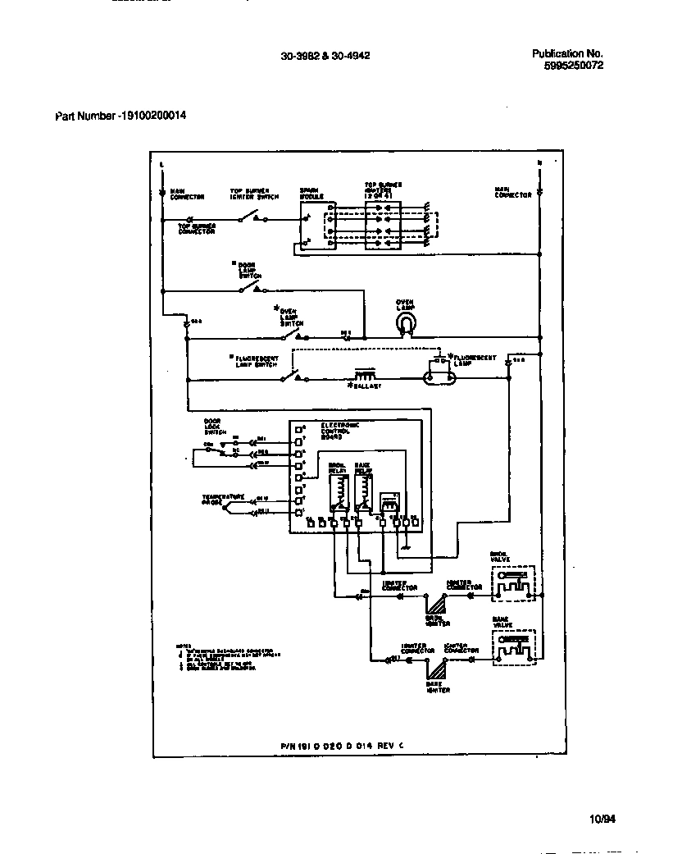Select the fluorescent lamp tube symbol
coord(442,379)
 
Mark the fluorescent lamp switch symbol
coord(289,377)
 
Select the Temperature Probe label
coord(224,499)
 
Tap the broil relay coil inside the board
coord(336,490)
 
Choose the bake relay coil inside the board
coord(361,490)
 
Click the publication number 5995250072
coord(574,66)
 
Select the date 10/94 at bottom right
coord(602,818)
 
